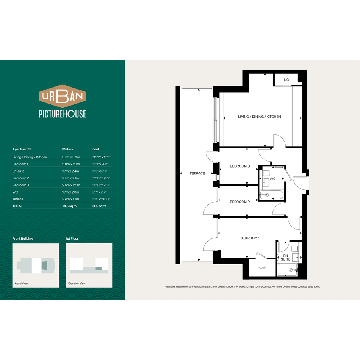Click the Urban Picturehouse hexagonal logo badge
click(62, 96)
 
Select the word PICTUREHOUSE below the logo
click(62, 114)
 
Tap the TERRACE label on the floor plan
click(197, 174)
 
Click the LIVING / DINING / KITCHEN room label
click(259, 117)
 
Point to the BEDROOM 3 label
click(240, 166)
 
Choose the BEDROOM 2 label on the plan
click(240, 202)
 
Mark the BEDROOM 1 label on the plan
click(250, 238)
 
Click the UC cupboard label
click(286, 80)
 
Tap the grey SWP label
click(262, 268)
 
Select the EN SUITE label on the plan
click(286, 258)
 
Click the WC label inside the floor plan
click(273, 179)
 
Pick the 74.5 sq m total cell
click(70, 206)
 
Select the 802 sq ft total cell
click(99, 206)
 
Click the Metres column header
click(68, 149)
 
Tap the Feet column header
click(96, 149)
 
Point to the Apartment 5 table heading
click(22, 149)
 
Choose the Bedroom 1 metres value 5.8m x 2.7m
click(71, 164)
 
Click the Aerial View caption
click(21, 283)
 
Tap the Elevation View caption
click(77, 283)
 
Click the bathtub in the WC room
click(272, 195)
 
